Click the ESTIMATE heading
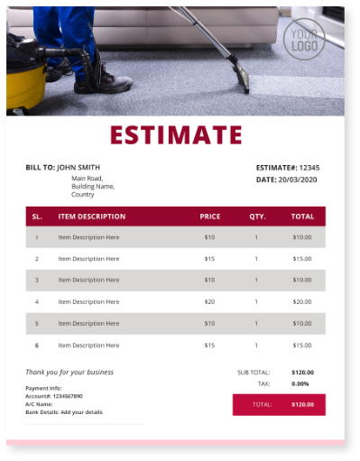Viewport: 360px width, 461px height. [176, 135]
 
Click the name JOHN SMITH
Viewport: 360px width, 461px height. [78, 167]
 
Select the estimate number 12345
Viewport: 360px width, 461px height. [309, 167]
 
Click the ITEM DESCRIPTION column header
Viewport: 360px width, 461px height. [91, 217]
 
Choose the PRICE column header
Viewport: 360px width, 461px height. [209, 217]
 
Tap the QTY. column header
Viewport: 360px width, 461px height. [257, 217]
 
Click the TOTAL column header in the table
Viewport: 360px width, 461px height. [302, 217]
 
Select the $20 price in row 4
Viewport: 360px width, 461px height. [209, 301]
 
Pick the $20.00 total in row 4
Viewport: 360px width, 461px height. [302, 301]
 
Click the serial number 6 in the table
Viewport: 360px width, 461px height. [37, 345]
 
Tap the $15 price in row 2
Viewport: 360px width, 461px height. [209, 259]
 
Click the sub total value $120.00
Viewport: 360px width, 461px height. [302, 372]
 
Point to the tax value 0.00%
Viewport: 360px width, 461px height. [300, 383]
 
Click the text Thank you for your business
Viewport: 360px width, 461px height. [69, 372]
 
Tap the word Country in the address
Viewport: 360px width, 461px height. [83, 194]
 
